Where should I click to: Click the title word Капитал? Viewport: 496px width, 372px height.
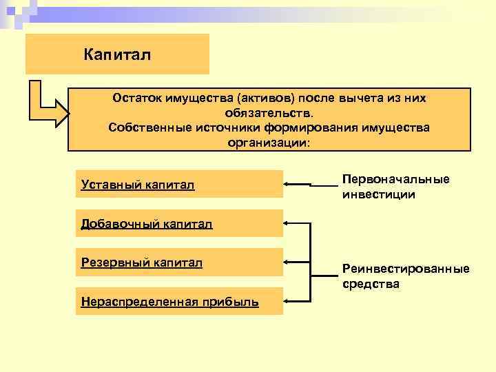click(116, 53)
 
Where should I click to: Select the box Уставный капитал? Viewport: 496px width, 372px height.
click(179, 184)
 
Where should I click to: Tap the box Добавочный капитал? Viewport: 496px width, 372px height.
click(179, 223)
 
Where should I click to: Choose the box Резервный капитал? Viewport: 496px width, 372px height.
click(179, 262)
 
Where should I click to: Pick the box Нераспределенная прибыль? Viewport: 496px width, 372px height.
click(179, 301)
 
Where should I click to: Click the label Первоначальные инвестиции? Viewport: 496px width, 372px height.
click(395, 186)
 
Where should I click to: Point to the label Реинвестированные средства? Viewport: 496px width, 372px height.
click(405, 276)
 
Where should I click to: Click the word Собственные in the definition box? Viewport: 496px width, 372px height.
click(144, 128)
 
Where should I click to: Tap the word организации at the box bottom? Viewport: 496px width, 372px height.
click(269, 143)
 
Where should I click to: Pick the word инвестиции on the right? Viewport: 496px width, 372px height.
click(378, 194)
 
